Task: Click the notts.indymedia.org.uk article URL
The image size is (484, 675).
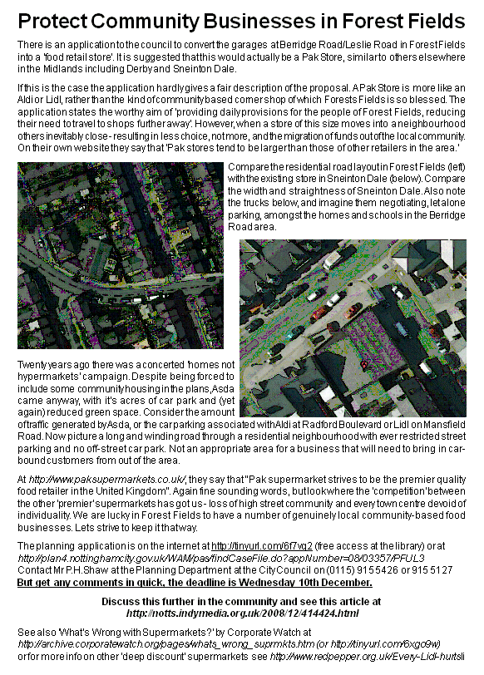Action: (x=242, y=613)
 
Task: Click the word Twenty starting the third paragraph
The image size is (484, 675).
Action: (x=33, y=365)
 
